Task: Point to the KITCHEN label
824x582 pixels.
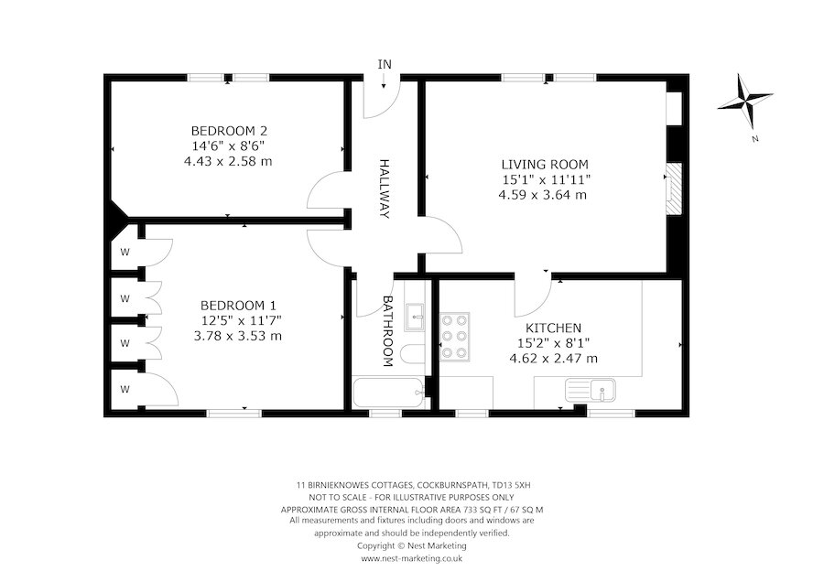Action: pyautogui.click(x=553, y=328)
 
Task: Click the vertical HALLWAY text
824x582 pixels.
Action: pyautogui.click(x=385, y=188)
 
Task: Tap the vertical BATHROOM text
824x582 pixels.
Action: pyautogui.click(x=387, y=330)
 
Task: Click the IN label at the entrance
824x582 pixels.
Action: pyautogui.click(x=385, y=63)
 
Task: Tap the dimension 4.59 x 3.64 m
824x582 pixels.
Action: pyautogui.click(x=543, y=195)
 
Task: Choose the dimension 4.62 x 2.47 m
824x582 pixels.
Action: pyautogui.click(x=553, y=359)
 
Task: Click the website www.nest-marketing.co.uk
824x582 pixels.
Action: pyautogui.click(x=411, y=557)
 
